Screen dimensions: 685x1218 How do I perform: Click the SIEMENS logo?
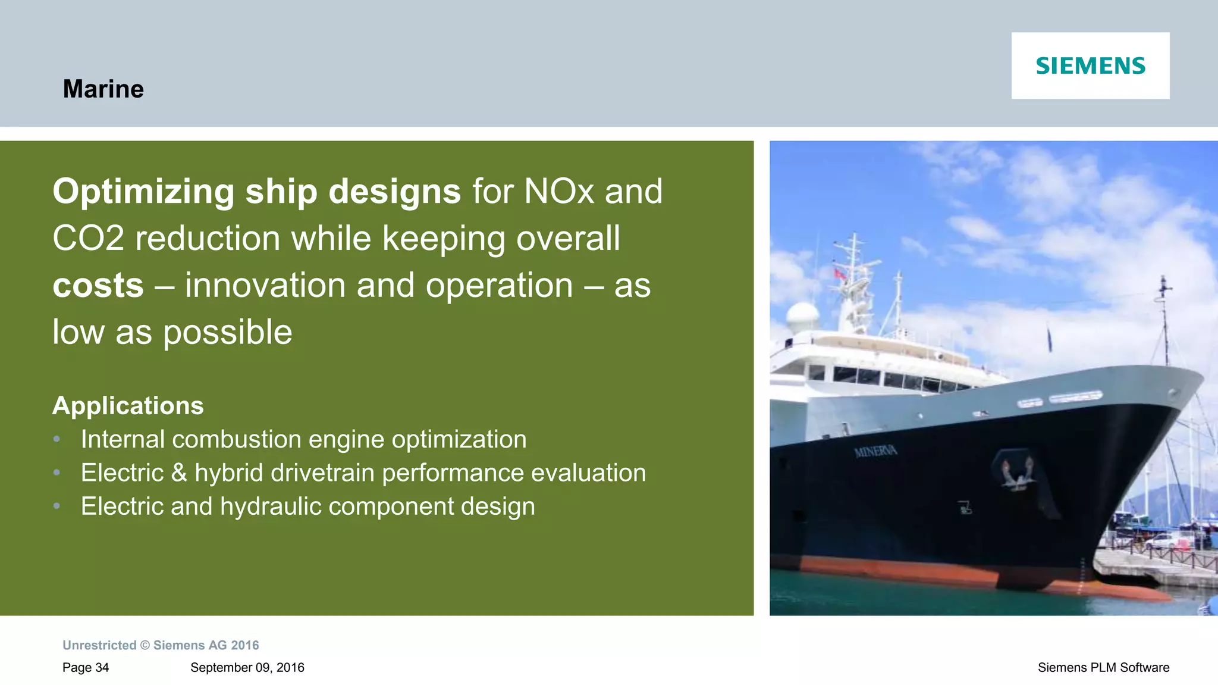1090,65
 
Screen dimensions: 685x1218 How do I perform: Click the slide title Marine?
103,89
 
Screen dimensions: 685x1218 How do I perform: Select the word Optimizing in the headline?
143,192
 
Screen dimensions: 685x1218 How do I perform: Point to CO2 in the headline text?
88,239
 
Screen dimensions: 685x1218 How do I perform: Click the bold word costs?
98,286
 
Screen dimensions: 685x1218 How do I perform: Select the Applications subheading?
128,406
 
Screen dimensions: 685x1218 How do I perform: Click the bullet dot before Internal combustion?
57,439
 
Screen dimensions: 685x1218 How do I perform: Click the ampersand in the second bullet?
179,473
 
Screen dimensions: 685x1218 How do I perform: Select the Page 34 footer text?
86,668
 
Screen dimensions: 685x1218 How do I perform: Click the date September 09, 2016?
247,668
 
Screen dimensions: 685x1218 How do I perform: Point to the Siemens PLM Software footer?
1103,668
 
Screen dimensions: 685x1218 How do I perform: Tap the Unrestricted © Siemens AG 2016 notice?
161,646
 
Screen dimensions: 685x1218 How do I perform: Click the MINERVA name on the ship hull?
875,452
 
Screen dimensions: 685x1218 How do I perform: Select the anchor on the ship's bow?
1018,473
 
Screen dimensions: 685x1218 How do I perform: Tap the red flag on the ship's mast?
840,274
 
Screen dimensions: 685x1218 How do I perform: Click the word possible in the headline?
228,332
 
